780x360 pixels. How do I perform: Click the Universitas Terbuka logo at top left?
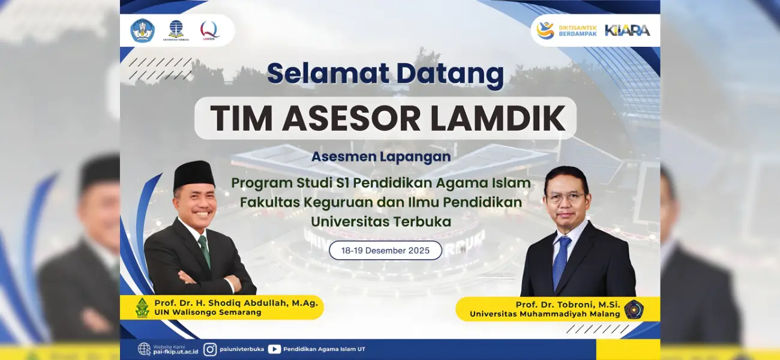coord(176,31)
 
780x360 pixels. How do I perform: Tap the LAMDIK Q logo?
coord(209,31)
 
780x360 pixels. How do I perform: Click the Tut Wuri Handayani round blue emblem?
coord(142,31)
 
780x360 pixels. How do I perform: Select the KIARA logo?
coord(628,31)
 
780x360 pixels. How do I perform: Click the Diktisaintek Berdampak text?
coord(578,31)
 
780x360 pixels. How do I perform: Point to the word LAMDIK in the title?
coord(498,118)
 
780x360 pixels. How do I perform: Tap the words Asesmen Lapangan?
coord(381,157)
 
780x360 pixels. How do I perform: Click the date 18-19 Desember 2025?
coord(385,250)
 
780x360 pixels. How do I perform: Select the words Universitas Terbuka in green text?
coord(381,221)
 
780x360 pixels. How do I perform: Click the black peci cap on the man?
coord(194,175)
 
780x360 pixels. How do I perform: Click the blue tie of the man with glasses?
coord(560,262)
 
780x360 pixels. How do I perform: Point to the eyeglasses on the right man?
coord(565,198)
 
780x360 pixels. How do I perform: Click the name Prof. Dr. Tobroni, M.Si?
coord(568,305)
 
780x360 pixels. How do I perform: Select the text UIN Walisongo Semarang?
coord(208,313)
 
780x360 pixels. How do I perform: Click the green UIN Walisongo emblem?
coord(142,308)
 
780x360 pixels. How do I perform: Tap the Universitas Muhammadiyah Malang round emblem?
coord(634,309)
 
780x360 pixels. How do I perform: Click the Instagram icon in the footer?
coord(209,349)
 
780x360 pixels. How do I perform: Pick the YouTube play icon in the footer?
coord(274,349)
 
